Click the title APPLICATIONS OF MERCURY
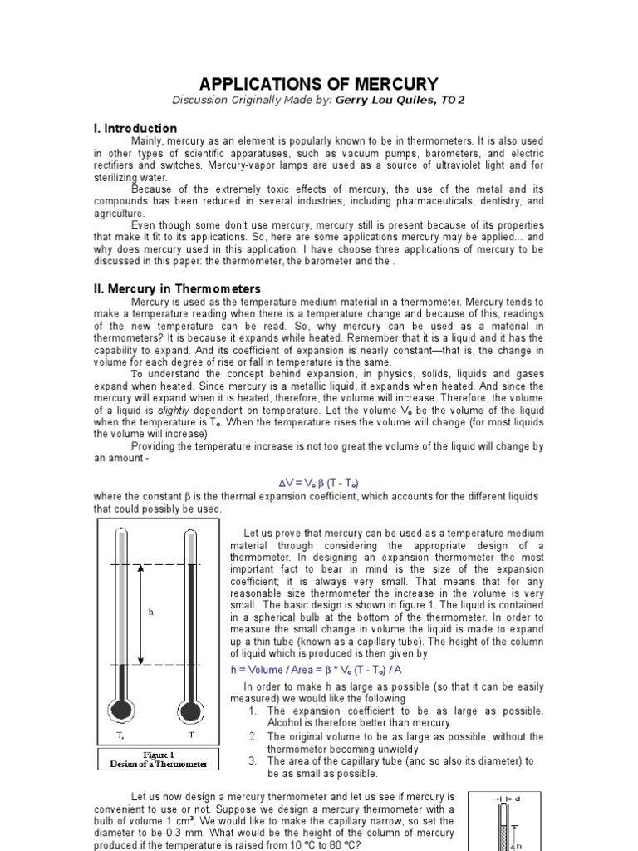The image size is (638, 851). (319, 84)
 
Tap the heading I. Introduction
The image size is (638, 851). (135, 129)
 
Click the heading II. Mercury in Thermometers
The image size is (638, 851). (177, 288)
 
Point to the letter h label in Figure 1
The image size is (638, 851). (151, 612)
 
